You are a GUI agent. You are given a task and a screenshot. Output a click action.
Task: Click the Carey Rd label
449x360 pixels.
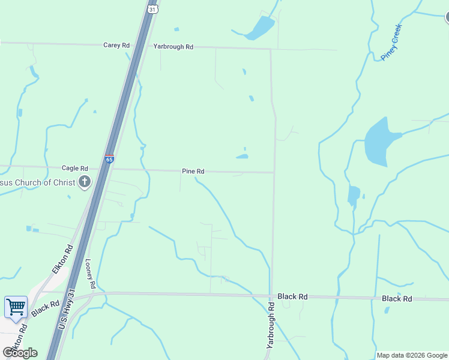point(116,45)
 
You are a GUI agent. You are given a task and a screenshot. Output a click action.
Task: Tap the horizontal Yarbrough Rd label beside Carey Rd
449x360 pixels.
point(173,46)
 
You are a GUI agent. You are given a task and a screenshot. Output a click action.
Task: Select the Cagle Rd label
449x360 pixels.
point(75,169)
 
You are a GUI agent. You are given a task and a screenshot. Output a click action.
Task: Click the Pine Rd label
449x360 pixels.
point(193,172)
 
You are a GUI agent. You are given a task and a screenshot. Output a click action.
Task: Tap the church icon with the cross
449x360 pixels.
point(85,182)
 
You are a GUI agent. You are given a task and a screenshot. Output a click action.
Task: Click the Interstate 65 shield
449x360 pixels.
point(109,159)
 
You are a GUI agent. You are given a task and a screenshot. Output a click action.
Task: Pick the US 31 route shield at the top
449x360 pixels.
point(153,9)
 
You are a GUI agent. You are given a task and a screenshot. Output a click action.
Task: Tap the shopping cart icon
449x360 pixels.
point(16,307)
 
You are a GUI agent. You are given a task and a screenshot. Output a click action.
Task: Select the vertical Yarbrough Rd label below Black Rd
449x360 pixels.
point(271,326)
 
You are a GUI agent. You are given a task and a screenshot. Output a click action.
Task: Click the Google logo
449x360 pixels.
point(20,352)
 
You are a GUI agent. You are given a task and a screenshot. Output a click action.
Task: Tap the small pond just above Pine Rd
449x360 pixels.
point(242,157)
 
